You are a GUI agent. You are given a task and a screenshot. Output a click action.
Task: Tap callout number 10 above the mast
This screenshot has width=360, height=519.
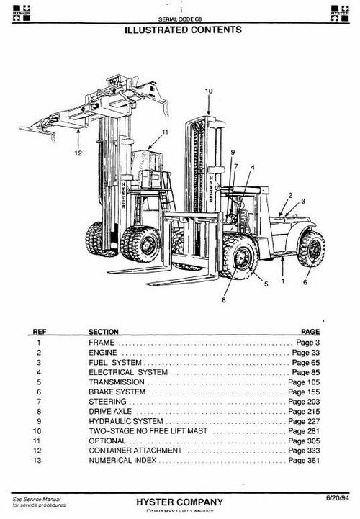point(209,91)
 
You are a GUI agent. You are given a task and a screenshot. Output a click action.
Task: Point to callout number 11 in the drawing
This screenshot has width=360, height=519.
point(164,132)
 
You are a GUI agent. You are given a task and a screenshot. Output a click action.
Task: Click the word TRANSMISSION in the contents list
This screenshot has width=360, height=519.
point(117,382)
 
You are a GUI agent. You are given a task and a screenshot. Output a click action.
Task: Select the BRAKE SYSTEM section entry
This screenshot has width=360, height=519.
point(117,392)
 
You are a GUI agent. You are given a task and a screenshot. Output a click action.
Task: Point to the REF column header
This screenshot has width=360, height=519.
point(40,332)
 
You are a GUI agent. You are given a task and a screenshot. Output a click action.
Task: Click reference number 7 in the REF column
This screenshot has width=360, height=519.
point(39,402)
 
